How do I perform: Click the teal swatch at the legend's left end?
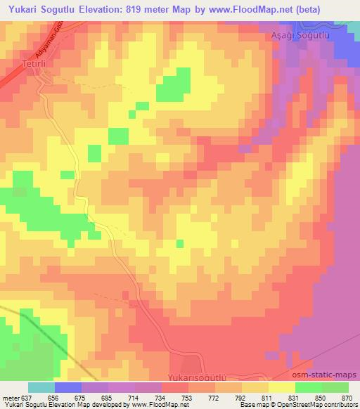pyautogui.click(x=41, y=387)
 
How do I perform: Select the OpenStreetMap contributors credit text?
pyautogui.click(x=314, y=405)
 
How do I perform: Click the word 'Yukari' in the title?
pyautogui.click(x=22, y=8)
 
